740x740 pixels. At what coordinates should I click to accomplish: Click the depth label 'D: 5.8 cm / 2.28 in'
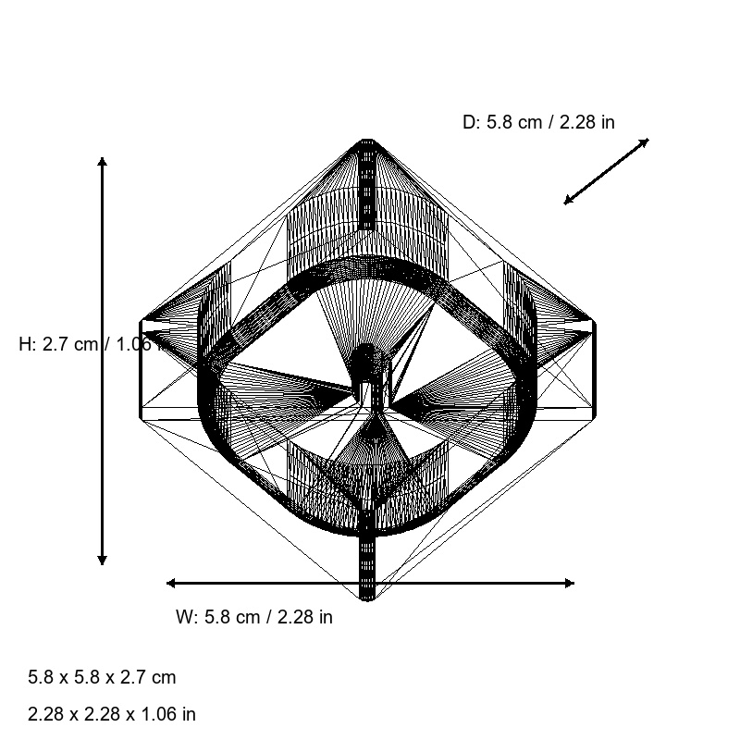tap(538, 122)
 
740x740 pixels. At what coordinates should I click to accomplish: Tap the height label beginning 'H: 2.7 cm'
tap(88, 344)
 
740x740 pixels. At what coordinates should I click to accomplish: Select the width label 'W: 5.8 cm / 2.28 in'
tap(254, 617)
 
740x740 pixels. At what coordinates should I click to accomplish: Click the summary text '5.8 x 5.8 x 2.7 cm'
tap(102, 677)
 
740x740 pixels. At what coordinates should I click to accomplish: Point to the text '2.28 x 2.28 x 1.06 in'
tap(112, 714)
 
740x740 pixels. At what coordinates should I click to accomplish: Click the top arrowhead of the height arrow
tap(102, 161)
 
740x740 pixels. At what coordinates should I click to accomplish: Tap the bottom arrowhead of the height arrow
tap(102, 561)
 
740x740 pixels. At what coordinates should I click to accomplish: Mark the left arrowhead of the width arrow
tap(170, 583)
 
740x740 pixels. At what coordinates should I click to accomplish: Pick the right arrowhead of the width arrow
tap(570, 583)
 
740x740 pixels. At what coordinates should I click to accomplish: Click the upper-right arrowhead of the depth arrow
tap(645, 142)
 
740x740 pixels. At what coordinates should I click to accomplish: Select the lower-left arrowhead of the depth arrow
tap(568, 201)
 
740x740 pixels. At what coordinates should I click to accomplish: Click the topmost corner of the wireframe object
tap(368, 141)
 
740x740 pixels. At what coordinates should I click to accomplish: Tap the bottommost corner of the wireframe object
tap(368, 598)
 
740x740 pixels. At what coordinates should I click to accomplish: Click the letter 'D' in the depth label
tap(468, 122)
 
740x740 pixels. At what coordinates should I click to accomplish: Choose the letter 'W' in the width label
tap(183, 617)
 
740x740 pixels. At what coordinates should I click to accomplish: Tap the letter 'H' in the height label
tap(25, 344)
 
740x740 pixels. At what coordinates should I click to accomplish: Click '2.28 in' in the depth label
tap(587, 122)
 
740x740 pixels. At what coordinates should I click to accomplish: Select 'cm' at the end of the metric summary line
tap(163, 677)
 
